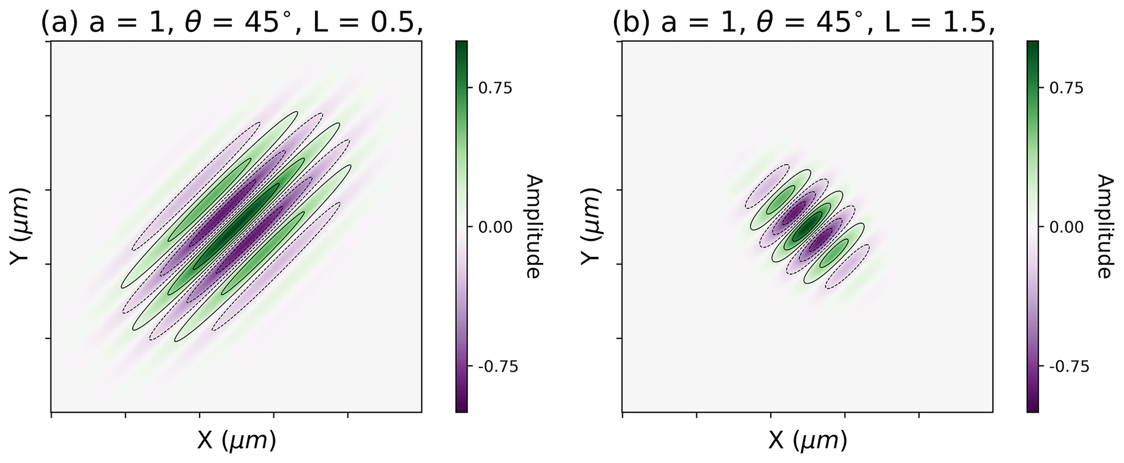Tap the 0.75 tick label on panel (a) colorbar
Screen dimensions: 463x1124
pyautogui.click(x=495, y=88)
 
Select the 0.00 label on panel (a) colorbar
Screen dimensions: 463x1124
pyautogui.click(x=495, y=227)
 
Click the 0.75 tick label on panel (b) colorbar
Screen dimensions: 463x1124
pyautogui.click(x=1066, y=88)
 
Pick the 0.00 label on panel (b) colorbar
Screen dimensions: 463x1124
pyautogui.click(x=1066, y=227)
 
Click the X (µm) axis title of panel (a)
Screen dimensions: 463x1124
pyautogui.click(x=236, y=441)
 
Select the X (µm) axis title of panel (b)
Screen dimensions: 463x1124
pyautogui.click(x=808, y=441)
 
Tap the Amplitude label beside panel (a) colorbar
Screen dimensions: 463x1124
pyautogui.click(x=533, y=226)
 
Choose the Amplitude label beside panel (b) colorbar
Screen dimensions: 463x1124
pyautogui.click(x=1104, y=226)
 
